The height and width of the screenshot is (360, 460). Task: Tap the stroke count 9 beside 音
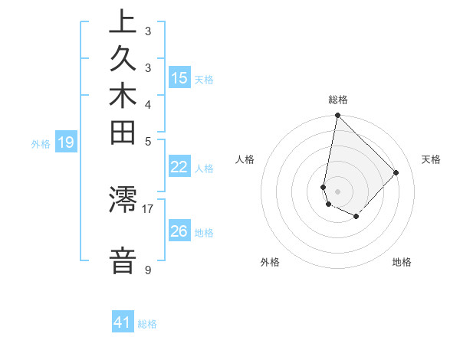[x=147, y=270]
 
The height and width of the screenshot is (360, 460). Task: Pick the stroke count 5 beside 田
[x=147, y=141]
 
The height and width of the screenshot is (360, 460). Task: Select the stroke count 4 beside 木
[x=147, y=104]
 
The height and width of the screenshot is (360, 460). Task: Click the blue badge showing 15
[x=179, y=77]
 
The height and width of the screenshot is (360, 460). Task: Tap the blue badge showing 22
[x=179, y=168]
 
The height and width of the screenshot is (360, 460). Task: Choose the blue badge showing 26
[x=179, y=231]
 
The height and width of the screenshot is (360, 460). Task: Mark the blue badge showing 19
[x=66, y=142]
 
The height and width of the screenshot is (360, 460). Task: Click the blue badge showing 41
[x=123, y=322]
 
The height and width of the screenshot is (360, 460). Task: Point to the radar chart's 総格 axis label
[x=337, y=100]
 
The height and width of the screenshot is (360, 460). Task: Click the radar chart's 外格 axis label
[x=270, y=262]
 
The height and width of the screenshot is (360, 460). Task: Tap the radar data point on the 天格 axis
[x=396, y=172]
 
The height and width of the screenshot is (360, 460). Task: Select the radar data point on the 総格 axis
[x=337, y=116]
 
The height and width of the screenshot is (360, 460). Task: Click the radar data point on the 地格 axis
[x=356, y=217]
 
